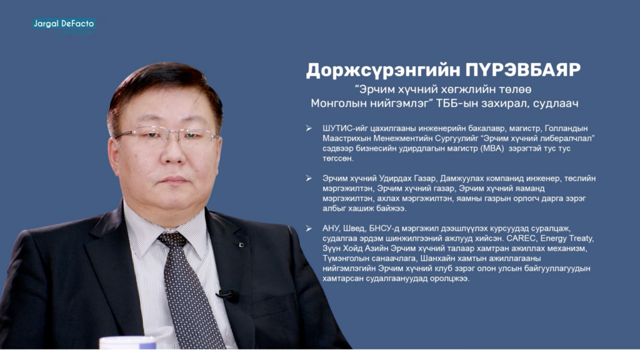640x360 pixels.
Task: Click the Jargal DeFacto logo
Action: [x=64, y=26]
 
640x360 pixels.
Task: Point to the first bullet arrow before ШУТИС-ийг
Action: [x=309, y=129]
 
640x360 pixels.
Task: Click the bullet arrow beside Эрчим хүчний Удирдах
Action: [x=309, y=178]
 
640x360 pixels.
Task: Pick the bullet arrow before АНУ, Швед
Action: [x=309, y=229]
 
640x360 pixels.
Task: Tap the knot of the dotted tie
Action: [x=173, y=240]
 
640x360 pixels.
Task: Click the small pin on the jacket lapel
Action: [x=241, y=245]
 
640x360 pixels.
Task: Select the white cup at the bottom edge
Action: [x=127, y=343]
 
